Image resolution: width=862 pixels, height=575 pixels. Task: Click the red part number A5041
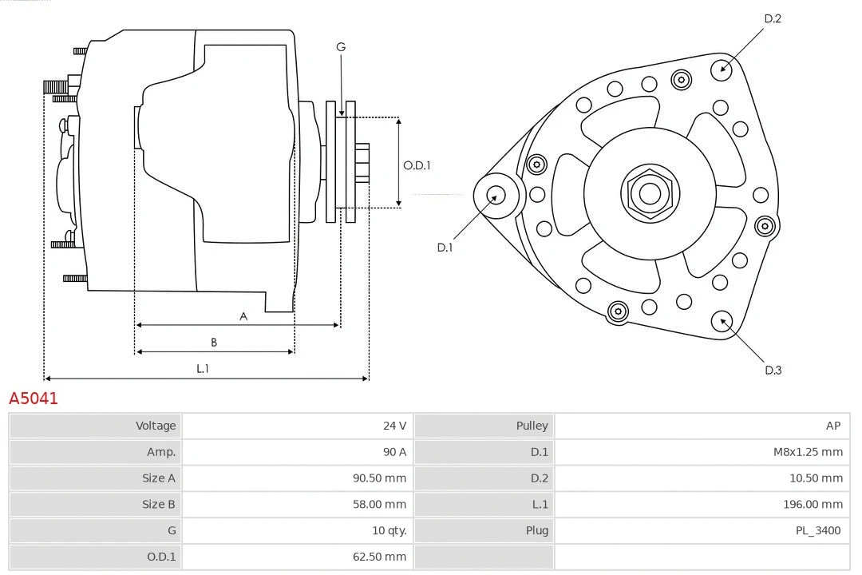click(34, 398)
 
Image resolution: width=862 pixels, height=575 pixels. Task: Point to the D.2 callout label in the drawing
click(772, 18)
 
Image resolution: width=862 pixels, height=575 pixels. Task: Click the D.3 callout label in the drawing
click(773, 370)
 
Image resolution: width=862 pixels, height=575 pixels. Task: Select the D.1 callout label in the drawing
click(445, 248)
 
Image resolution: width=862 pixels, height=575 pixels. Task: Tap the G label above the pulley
click(341, 47)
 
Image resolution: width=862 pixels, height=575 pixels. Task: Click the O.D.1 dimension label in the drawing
click(417, 165)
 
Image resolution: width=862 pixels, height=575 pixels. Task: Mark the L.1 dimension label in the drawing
click(203, 368)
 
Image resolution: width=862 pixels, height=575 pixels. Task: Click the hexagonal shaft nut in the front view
click(650, 193)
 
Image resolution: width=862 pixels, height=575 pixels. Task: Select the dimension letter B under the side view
click(214, 343)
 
